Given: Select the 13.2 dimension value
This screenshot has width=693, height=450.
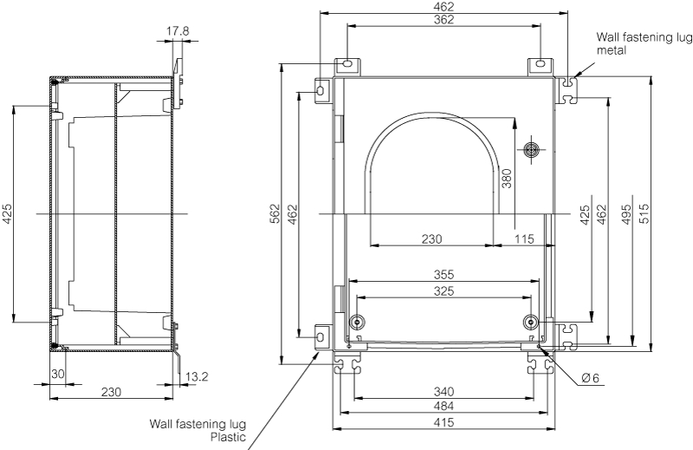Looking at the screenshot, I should [196, 377].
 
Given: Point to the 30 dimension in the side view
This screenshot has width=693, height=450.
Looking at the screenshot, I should [58, 375].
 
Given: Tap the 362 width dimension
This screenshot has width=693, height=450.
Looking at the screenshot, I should [444, 20].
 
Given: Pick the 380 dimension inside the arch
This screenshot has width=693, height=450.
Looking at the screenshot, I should [506, 178].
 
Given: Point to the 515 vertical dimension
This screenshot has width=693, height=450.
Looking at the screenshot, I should [643, 214].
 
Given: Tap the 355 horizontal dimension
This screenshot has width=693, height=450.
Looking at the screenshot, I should [444, 274].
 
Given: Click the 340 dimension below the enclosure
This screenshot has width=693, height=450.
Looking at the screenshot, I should [444, 392].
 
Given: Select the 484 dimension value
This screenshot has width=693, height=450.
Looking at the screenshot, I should [444, 407].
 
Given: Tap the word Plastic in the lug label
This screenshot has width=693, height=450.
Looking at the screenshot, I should [230, 437].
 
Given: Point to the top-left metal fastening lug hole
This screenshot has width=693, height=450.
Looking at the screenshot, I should [345, 65].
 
